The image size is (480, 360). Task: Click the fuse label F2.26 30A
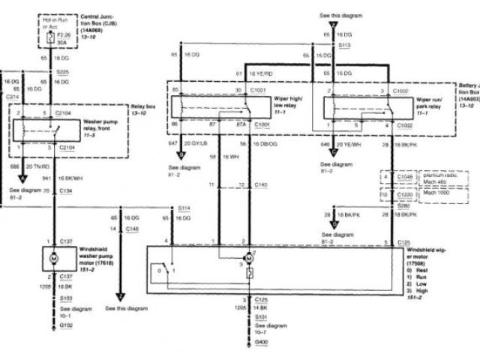point(65,39)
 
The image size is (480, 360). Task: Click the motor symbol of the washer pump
point(53,257)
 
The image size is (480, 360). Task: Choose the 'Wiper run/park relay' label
point(432,102)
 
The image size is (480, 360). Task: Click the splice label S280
point(403,205)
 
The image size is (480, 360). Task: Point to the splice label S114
point(184,207)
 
